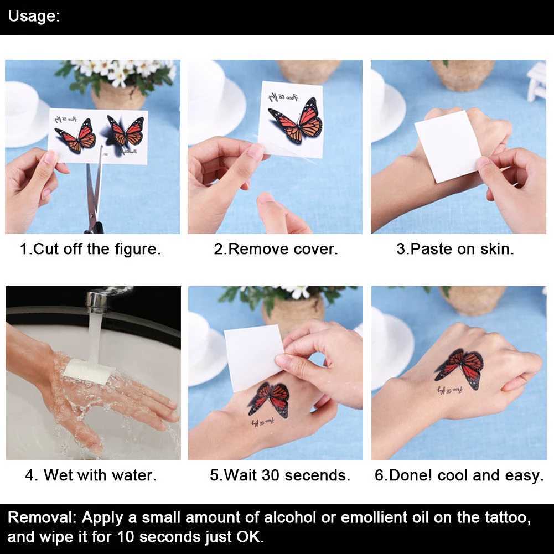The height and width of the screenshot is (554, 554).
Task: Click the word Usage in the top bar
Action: click(32, 16)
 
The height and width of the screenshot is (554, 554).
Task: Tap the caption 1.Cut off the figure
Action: click(90, 249)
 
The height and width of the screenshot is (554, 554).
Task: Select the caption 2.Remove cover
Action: click(276, 249)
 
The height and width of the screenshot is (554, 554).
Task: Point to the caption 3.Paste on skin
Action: click(455, 249)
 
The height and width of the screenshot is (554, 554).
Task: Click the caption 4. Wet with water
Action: click(90, 475)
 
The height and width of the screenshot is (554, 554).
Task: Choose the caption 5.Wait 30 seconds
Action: click(279, 475)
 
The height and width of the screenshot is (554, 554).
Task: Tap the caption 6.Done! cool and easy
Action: click(459, 475)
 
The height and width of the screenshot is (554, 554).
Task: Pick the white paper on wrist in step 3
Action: click(447, 146)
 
